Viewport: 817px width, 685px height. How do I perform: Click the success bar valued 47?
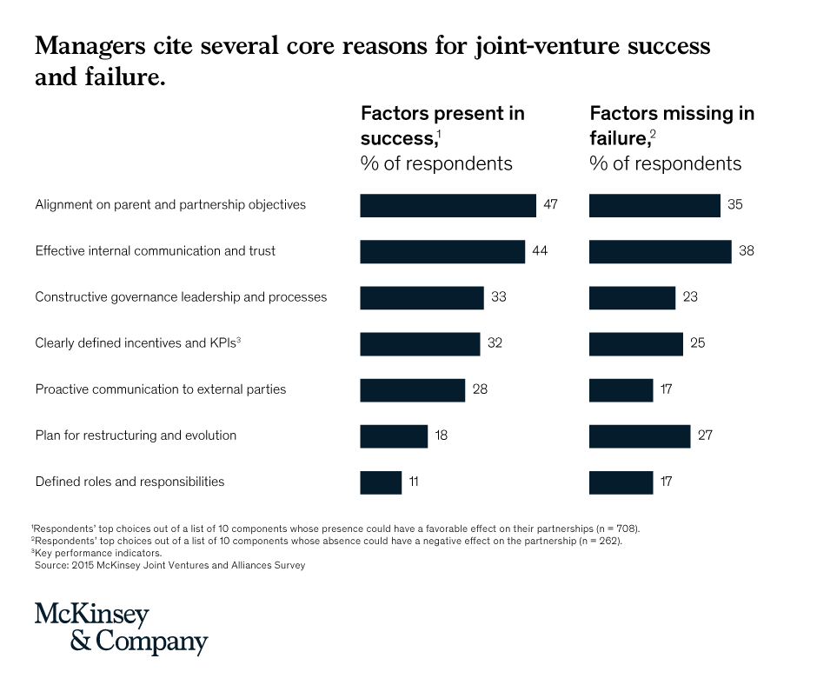point(448,205)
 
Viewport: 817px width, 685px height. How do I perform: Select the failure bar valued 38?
point(661,252)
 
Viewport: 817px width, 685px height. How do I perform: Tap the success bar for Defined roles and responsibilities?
point(381,482)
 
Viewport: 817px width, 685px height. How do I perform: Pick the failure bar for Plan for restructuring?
point(640,436)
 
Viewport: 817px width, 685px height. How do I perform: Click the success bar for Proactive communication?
point(413,390)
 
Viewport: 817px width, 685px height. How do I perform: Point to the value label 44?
point(540,250)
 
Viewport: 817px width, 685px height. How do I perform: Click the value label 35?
point(735,204)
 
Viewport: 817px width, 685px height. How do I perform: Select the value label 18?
point(442,436)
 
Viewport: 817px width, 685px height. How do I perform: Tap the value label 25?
point(698,343)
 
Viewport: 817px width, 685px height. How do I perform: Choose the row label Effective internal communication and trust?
point(156,250)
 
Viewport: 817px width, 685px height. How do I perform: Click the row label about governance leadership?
point(181,297)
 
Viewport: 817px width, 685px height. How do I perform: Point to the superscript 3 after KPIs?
point(239,339)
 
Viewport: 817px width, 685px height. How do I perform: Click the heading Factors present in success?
point(442,126)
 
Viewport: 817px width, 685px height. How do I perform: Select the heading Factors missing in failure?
point(672,126)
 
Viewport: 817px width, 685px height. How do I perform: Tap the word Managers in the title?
point(90,46)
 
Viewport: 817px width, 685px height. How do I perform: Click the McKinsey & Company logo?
point(121,628)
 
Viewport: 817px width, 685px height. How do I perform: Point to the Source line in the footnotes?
point(169,565)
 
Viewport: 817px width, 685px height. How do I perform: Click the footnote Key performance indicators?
point(96,553)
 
